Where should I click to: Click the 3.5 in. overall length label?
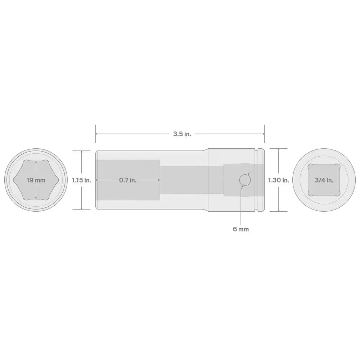tap(182, 134)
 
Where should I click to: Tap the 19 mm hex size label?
tap(36, 180)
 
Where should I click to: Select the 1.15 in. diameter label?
tap(81, 180)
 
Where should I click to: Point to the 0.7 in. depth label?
tap(128, 180)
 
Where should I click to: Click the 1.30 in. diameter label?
tap(278, 180)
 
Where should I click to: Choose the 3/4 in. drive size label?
tap(324, 180)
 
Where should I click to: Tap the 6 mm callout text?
tap(240, 229)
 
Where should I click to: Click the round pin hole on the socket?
tap(245, 180)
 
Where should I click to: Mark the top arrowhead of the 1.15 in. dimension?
tap(82, 152)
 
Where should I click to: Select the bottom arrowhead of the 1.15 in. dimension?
tap(82, 208)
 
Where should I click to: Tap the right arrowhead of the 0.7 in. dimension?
tap(159, 180)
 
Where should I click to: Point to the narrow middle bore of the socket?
tap(191, 180)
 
